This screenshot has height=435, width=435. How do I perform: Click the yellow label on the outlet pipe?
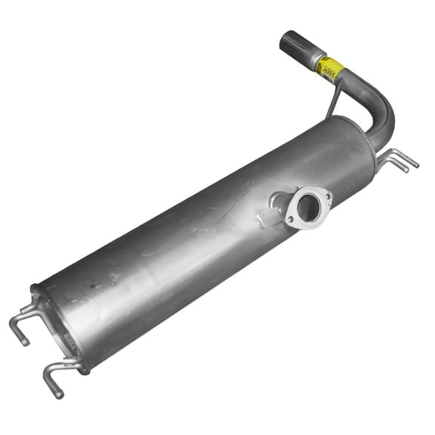pos(330,67)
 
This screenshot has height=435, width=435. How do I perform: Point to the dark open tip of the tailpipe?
pos(288,40)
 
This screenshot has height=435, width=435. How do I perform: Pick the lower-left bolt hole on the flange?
pos(290,220)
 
